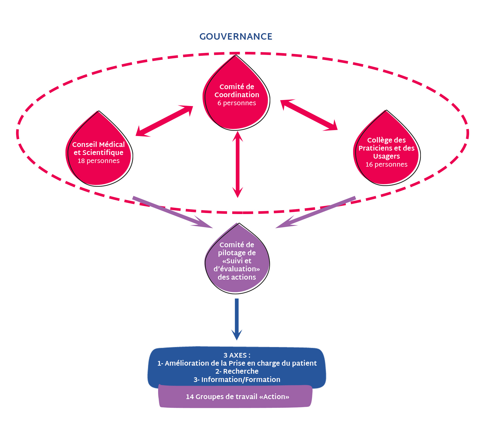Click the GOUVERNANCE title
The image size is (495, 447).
pos(236,37)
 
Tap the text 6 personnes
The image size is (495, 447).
pos(236,103)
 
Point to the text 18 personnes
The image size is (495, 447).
pos(98,161)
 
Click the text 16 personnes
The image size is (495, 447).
pos(386,165)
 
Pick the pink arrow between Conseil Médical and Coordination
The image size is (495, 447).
pos(164,121)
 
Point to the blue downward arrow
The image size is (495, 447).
pos(237,319)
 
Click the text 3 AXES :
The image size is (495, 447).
pos(237,355)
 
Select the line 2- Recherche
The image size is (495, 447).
pos(237,371)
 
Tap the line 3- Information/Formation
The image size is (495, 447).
pos(237,380)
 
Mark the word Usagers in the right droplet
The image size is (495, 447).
pos(386,156)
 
